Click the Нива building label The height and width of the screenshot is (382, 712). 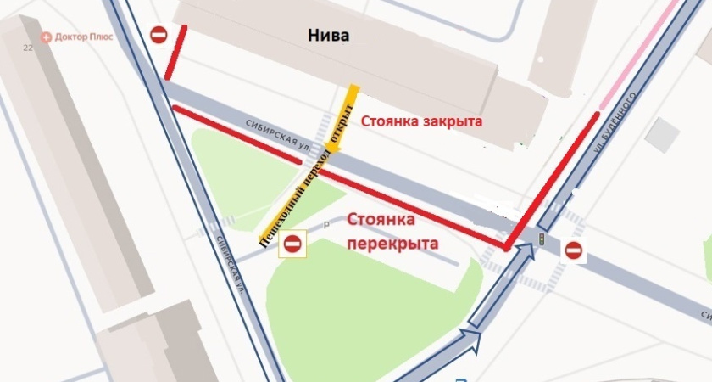pos(329,35)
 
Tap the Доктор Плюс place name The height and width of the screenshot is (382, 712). pos(90,38)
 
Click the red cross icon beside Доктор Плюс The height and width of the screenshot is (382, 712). pos(47,38)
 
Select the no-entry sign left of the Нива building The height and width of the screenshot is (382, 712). pos(159,35)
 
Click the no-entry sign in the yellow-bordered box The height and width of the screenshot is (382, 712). pos(292,244)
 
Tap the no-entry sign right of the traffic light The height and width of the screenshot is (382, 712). pos(574,250)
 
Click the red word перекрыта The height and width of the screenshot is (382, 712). pos(392,243)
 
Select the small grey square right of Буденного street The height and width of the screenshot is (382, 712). pos(668,132)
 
